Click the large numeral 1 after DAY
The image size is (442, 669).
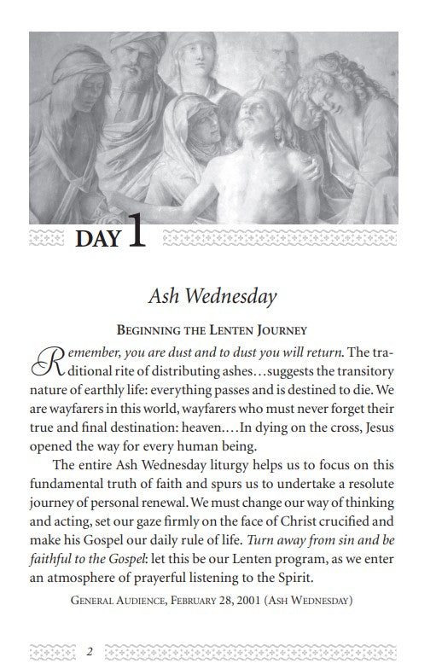(x=135, y=233)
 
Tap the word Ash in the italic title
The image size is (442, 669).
(x=165, y=296)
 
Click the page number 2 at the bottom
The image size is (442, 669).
(x=90, y=651)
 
